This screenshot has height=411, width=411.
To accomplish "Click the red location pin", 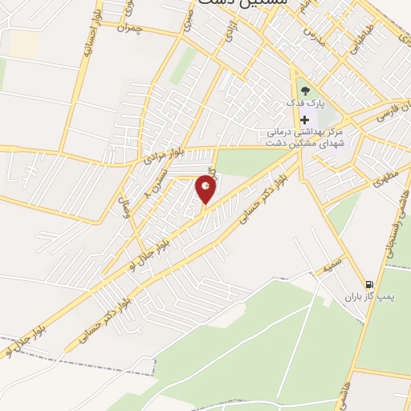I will [206, 189].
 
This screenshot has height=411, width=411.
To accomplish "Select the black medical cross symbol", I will [303, 120].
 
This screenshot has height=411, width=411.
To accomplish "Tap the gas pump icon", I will [368, 283].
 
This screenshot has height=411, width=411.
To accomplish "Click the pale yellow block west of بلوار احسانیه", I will [25, 43].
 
